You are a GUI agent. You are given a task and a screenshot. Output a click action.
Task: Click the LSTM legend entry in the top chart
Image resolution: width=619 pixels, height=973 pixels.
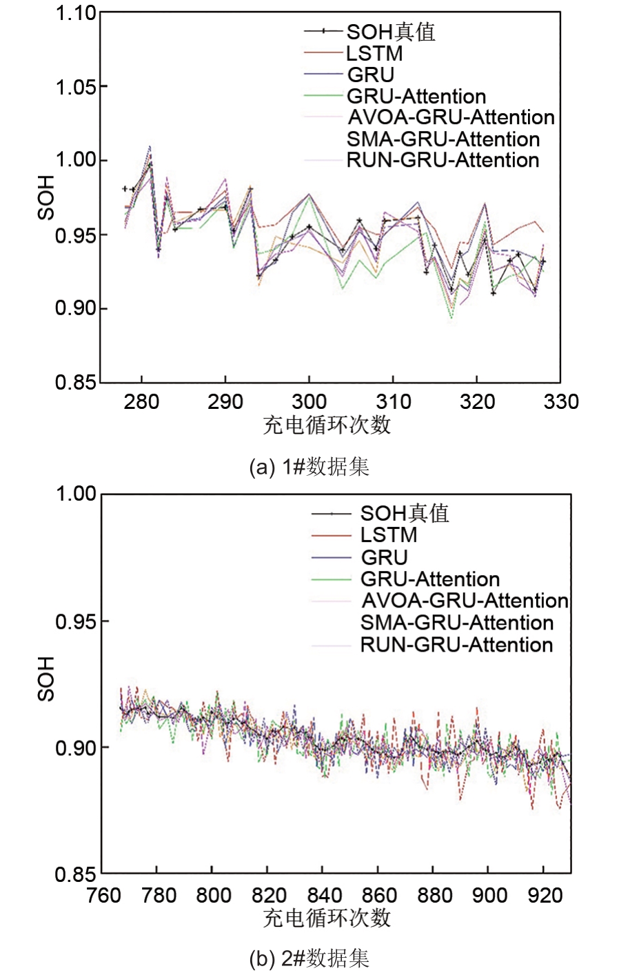(x=374, y=53)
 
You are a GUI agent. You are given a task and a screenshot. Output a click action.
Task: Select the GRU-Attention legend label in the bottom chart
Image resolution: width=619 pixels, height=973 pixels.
(x=430, y=579)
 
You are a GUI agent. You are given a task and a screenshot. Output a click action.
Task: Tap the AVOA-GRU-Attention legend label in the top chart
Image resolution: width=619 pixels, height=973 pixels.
(x=451, y=117)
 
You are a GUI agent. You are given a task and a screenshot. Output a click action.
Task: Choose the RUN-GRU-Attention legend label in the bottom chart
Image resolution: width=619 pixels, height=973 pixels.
(x=456, y=645)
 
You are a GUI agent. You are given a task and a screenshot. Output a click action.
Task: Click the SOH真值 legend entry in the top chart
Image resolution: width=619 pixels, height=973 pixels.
(x=390, y=32)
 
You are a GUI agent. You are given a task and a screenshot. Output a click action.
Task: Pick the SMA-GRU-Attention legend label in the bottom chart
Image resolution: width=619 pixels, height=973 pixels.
(x=457, y=623)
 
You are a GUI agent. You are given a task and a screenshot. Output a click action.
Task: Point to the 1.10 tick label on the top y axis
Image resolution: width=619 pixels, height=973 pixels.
(x=76, y=14)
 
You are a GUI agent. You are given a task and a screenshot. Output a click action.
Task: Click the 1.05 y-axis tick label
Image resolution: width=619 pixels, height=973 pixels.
(x=76, y=87)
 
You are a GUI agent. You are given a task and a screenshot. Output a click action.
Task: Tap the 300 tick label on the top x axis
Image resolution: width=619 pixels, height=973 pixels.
(x=309, y=401)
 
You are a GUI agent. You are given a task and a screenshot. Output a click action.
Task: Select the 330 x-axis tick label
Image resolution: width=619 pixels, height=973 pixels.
(x=560, y=401)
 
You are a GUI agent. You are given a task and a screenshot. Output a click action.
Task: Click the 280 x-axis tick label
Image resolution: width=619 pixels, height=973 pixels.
(x=141, y=401)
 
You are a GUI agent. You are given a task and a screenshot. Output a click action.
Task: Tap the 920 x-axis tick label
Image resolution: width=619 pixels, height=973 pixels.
(x=545, y=895)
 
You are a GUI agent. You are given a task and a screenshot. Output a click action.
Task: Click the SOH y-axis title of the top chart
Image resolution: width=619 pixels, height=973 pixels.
(x=46, y=197)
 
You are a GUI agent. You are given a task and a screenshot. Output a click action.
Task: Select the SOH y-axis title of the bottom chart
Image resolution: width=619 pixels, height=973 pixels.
(x=46, y=679)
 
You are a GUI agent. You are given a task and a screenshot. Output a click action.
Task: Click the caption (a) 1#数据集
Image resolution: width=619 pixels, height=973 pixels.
(x=309, y=467)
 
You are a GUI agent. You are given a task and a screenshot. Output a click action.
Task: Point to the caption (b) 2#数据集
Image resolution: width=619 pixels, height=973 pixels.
(x=309, y=958)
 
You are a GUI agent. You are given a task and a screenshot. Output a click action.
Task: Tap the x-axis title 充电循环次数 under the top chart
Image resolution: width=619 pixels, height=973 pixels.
(x=327, y=425)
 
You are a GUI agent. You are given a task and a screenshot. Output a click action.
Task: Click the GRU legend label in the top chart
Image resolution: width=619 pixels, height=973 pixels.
(x=371, y=74)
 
